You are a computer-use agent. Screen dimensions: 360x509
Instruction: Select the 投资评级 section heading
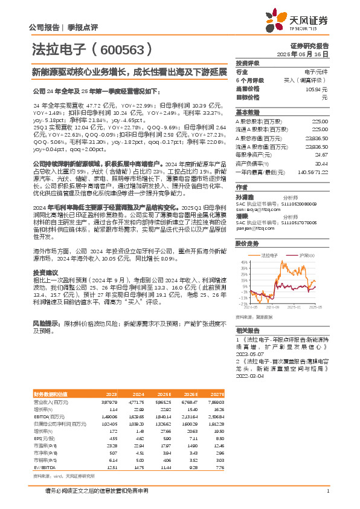coord(248,63)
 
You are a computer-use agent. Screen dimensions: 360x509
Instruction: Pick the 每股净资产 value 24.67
coord(321,155)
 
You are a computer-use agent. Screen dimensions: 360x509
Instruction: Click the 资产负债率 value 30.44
coord(321,163)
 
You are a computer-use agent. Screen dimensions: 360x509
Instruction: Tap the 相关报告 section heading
coord(248,331)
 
